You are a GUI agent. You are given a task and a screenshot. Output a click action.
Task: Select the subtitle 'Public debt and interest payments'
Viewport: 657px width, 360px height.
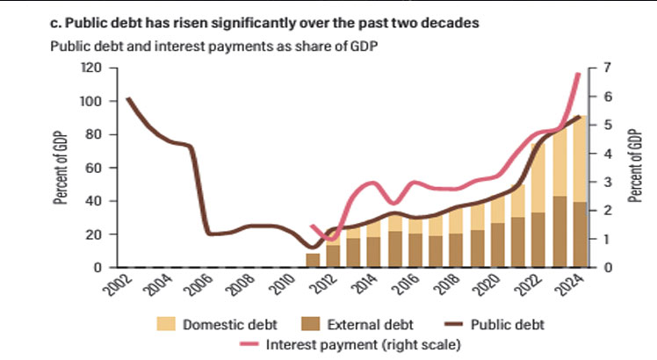click(x=220, y=47)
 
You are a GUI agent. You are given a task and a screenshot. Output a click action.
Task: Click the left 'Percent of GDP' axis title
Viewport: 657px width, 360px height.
click(x=63, y=166)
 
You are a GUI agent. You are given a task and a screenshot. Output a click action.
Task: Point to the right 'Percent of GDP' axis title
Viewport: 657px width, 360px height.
click(x=635, y=166)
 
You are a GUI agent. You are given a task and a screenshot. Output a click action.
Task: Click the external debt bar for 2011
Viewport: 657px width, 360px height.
click(x=313, y=260)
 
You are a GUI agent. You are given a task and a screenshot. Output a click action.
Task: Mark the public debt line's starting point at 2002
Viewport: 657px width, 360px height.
click(x=128, y=98)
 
